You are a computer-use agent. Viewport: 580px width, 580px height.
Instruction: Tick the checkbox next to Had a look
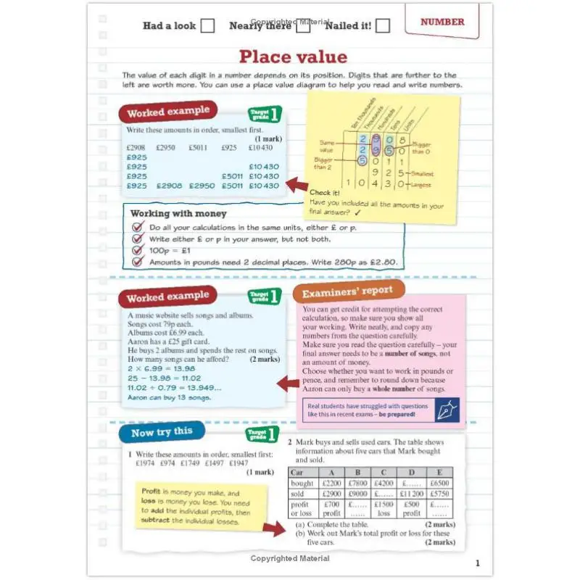pyautogui.click(x=207, y=26)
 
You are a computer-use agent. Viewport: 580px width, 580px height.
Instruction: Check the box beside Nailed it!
pyautogui.click(x=383, y=26)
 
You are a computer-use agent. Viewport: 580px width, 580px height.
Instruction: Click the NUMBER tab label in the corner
pyautogui.click(x=442, y=22)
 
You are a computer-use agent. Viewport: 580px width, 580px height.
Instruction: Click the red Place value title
pyautogui.click(x=293, y=57)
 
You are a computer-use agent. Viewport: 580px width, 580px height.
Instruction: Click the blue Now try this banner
pyautogui.click(x=162, y=432)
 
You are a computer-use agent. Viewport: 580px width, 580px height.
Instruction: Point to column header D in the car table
pyautogui.click(x=411, y=472)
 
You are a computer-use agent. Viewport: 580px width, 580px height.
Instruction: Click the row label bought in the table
pyautogui.click(x=302, y=483)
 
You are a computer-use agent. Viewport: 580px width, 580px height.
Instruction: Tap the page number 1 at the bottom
pyautogui.click(x=477, y=563)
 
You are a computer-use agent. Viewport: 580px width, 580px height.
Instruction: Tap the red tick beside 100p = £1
pyautogui.click(x=138, y=250)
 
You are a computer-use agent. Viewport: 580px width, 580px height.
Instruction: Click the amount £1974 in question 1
pyautogui.click(x=147, y=463)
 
